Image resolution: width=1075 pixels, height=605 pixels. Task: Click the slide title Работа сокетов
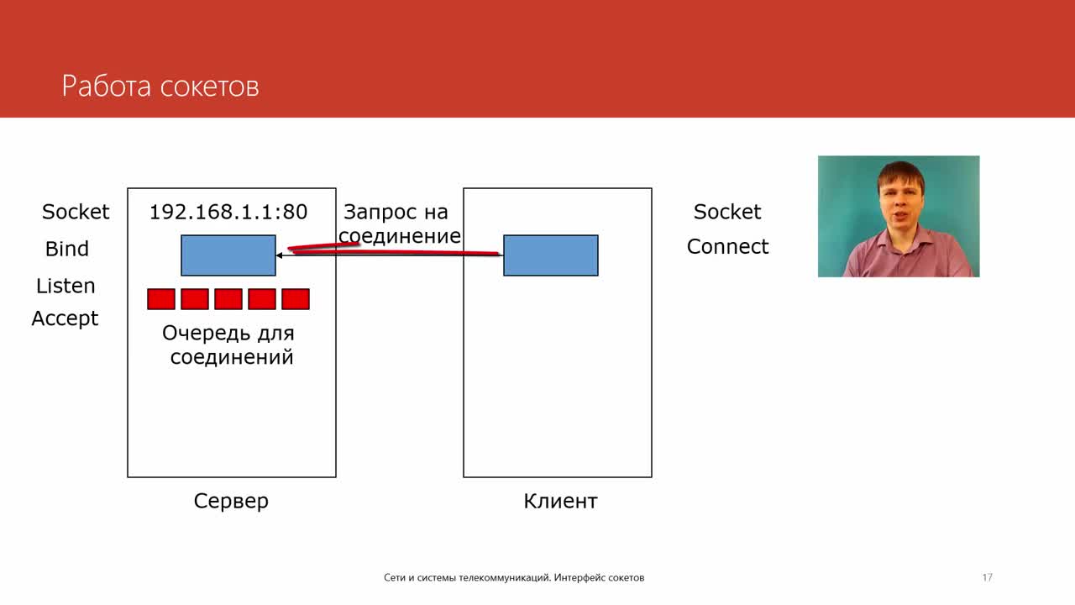pyautogui.click(x=160, y=87)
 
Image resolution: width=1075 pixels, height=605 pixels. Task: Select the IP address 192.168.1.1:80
pyautogui.click(x=228, y=212)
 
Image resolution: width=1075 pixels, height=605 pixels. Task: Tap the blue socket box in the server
pyautogui.click(x=228, y=255)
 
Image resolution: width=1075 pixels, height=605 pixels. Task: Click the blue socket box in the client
pyautogui.click(x=551, y=255)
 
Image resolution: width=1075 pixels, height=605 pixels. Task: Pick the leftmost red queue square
pyautogui.click(x=161, y=299)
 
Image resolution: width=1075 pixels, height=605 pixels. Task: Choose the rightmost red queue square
pyautogui.click(x=296, y=299)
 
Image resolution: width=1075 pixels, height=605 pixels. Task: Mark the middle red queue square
pyautogui.click(x=228, y=299)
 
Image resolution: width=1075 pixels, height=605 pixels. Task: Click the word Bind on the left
pyautogui.click(x=67, y=249)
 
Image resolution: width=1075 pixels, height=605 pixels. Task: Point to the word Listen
pyautogui.click(x=66, y=286)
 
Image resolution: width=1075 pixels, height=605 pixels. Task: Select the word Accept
pyautogui.click(x=65, y=318)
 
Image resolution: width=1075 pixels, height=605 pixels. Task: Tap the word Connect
pyautogui.click(x=727, y=246)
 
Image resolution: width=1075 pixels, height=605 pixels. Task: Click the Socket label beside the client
pyautogui.click(x=727, y=212)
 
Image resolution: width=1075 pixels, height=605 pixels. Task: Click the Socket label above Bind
pyautogui.click(x=76, y=212)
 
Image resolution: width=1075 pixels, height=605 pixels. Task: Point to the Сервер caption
pyautogui.click(x=231, y=502)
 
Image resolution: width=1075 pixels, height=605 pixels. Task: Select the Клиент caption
pyautogui.click(x=560, y=502)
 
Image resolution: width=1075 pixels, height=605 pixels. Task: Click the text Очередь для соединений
pyautogui.click(x=229, y=345)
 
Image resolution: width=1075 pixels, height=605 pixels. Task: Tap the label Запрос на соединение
pyautogui.click(x=399, y=224)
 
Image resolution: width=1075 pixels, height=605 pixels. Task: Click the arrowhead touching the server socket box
pyautogui.click(x=279, y=255)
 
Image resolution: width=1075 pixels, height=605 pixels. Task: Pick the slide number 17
pyautogui.click(x=987, y=577)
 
